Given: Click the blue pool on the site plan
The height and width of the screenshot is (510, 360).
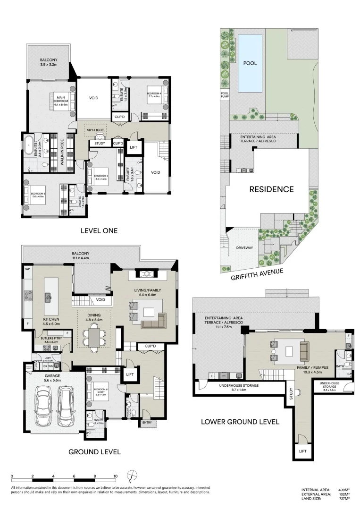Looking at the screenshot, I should [250, 63].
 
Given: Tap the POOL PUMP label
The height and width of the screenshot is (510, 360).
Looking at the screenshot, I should [225, 96].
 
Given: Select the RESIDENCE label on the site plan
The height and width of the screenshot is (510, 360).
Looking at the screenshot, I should [271, 189].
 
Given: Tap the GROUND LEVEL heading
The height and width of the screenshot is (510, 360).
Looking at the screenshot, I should [94, 451].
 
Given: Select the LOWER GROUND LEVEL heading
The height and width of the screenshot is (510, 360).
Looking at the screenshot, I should [240, 421].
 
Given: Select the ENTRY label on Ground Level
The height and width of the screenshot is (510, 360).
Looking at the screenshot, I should [147, 423].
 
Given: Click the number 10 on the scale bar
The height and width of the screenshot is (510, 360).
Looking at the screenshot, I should [115, 476].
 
